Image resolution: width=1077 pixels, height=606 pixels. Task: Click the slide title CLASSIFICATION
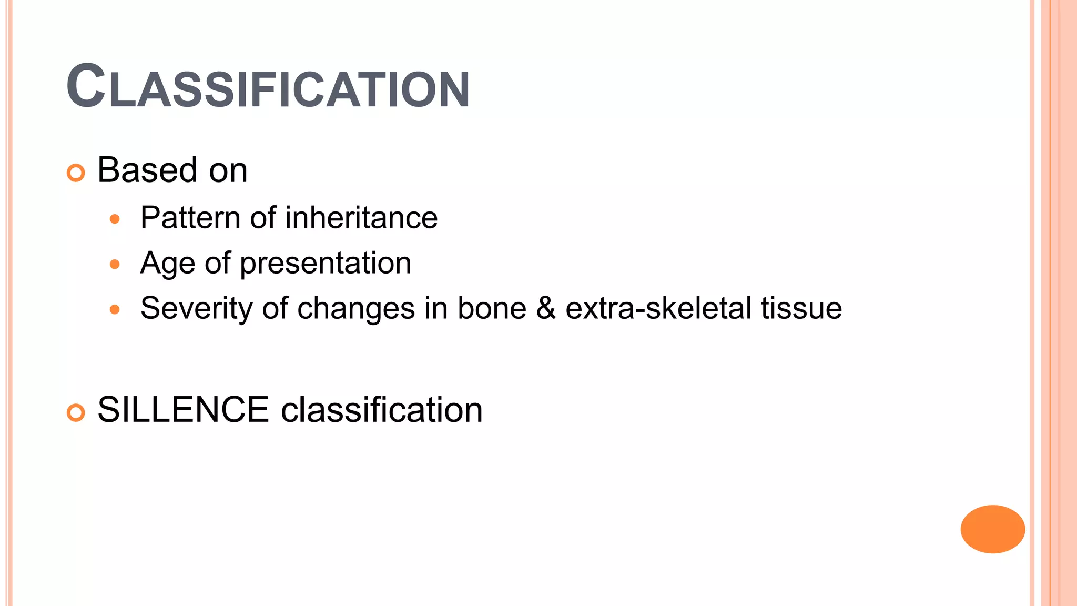pos(268,87)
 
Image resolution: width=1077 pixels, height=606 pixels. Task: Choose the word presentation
pos(326,264)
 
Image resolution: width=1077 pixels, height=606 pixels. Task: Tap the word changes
pos(356,309)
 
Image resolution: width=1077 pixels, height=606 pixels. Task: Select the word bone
pos(492,308)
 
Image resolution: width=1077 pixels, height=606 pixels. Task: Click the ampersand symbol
pos(546,308)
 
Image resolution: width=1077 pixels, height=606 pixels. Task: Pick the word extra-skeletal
pos(658,308)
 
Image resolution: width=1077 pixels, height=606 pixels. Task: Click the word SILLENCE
pos(183,410)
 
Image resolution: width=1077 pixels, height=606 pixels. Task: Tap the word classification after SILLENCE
pos(382,410)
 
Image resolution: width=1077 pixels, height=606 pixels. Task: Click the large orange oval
pos(992,529)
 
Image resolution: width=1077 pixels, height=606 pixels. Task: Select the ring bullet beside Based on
pos(76,173)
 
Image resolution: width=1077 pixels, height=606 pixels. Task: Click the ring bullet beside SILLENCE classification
pos(76,413)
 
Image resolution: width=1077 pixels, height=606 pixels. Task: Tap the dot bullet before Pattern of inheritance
pos(115,219)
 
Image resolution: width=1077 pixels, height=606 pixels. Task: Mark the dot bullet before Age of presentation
pos(115,264)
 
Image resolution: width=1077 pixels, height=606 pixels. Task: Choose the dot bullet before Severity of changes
pos(115,309)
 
